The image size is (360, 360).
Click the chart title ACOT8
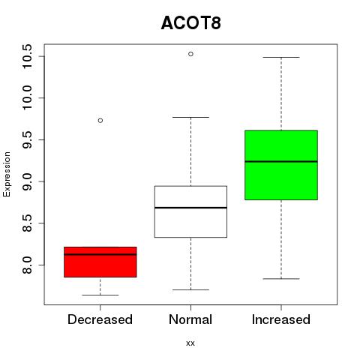[191, 23]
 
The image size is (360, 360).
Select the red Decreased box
[100, 262]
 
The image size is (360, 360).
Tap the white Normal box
[190, 211]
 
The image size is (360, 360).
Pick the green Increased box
[281, 165]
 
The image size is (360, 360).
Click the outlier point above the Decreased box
[100, 121]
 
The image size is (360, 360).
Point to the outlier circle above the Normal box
[190, 54]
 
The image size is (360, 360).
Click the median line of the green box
[281, 161]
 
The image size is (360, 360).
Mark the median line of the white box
[190, 208]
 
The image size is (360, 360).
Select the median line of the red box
[100, 254]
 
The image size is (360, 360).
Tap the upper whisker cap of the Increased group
[281, 57]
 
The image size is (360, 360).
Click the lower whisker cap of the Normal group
[190, 289]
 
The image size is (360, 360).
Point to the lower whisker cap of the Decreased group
[100, 295]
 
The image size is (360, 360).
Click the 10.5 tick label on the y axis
[27, 56]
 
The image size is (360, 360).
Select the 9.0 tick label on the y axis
[27, 181]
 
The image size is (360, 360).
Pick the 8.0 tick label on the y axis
[27, 265]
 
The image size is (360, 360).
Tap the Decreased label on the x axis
[100, 319]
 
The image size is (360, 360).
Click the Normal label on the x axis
[190, 319]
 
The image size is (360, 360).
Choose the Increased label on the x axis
[281, 319]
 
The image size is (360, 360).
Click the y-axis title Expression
[7, 174]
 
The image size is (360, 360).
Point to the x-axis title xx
[190, 343]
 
